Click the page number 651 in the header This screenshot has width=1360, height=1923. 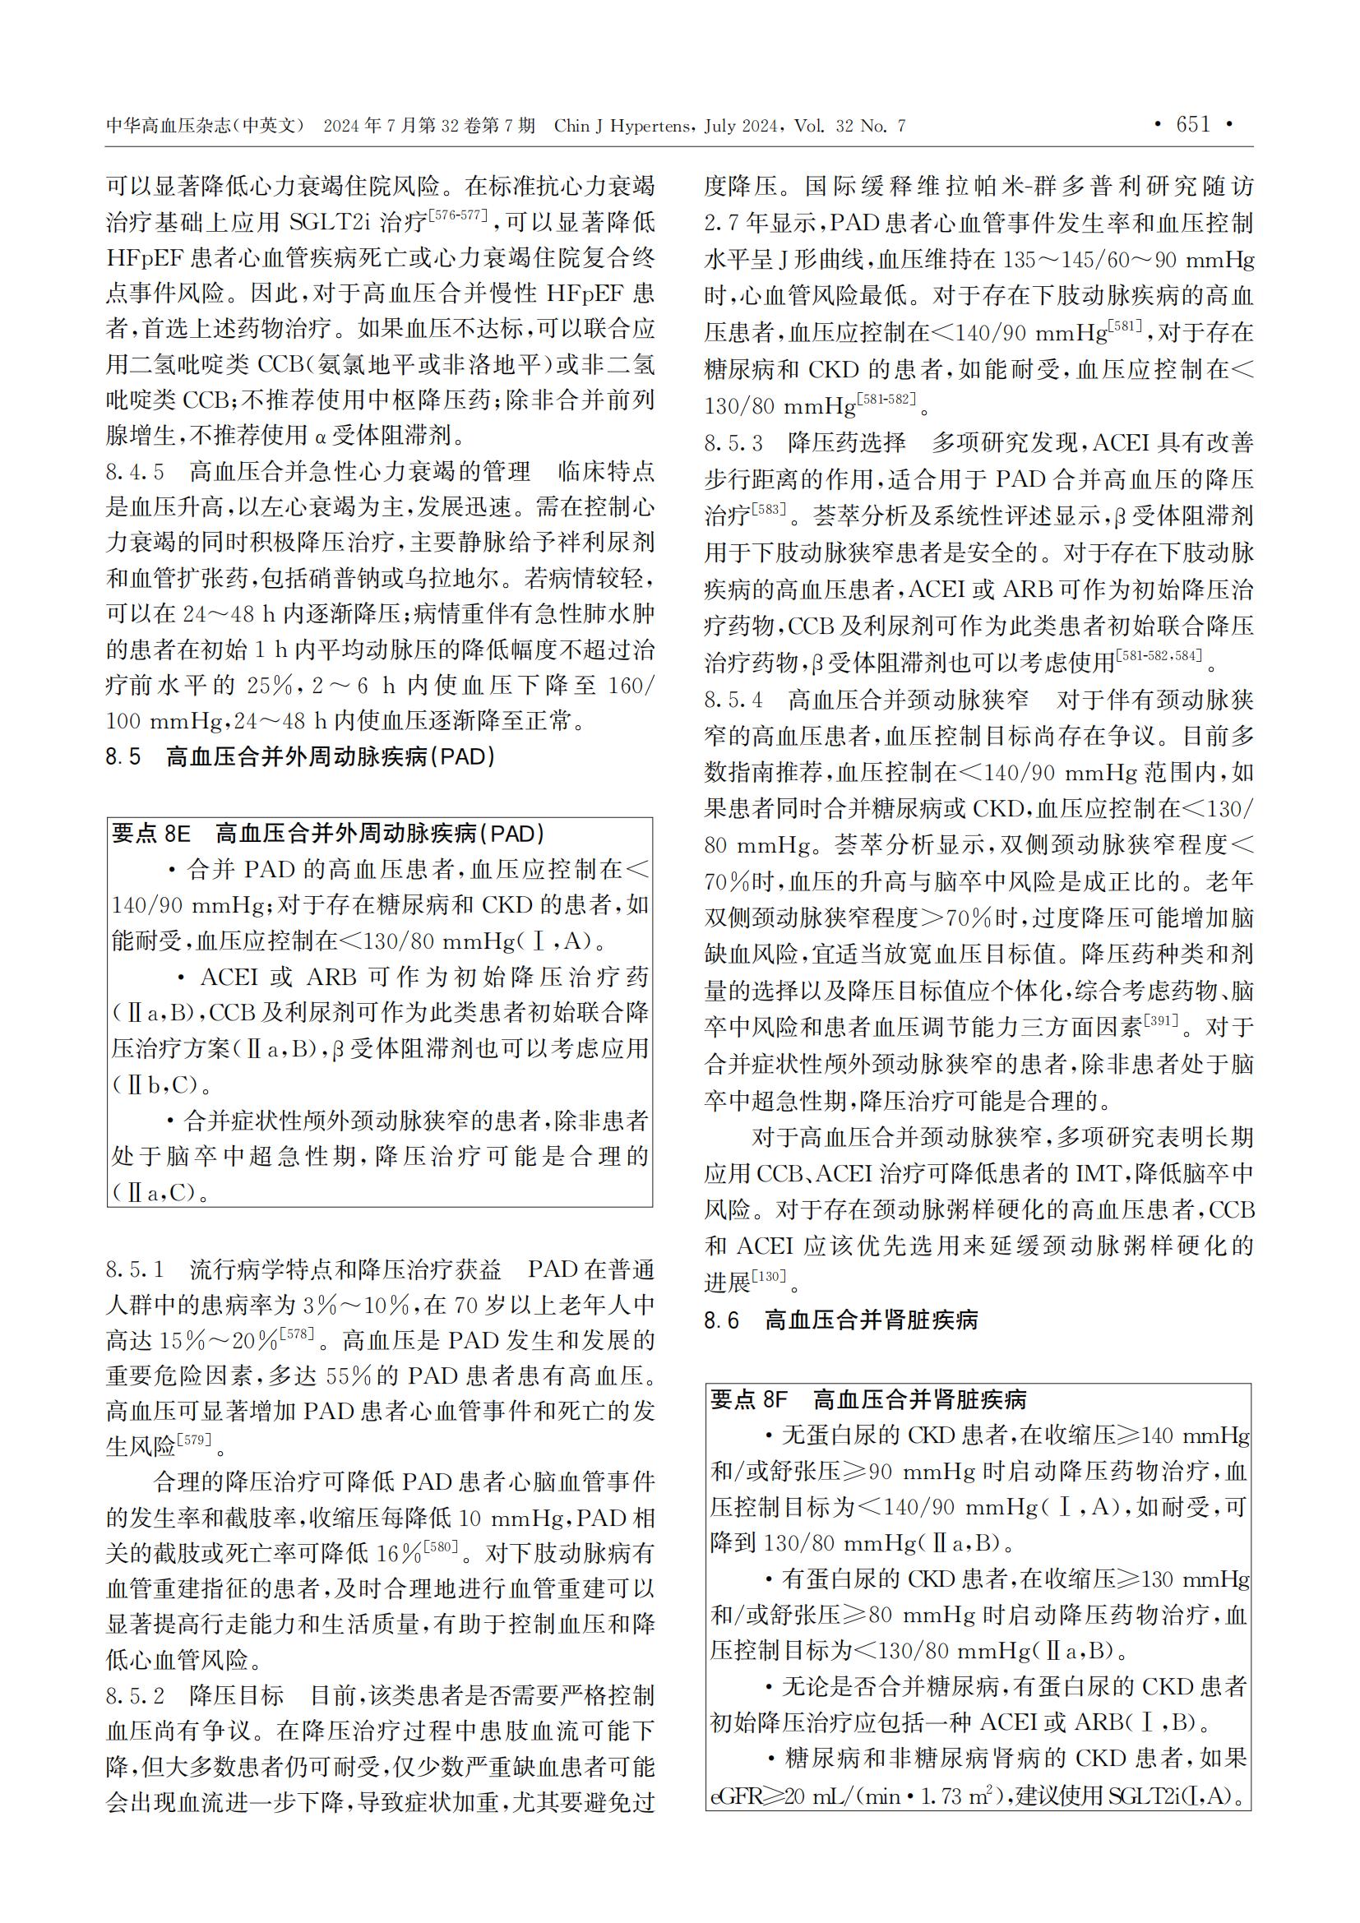pos(1193,125)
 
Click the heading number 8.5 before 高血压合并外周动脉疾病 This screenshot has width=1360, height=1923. pos(123,757)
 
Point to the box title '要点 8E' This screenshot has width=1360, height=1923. pos(151,834)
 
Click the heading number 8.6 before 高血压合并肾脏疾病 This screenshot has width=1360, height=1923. pos(721,1321)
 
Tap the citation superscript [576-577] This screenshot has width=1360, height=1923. pos(457,215)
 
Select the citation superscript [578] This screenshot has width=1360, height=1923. pos(297,1334)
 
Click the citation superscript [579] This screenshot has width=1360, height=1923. pos(195,1440)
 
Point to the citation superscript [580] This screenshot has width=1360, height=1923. pos(441,1547)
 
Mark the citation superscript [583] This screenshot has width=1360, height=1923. pos(769,508)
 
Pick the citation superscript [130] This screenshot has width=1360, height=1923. pos(769,1276)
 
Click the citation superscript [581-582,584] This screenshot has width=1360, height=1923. pos(1160,656)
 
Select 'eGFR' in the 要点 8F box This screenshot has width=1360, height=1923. pos(734,1797)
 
